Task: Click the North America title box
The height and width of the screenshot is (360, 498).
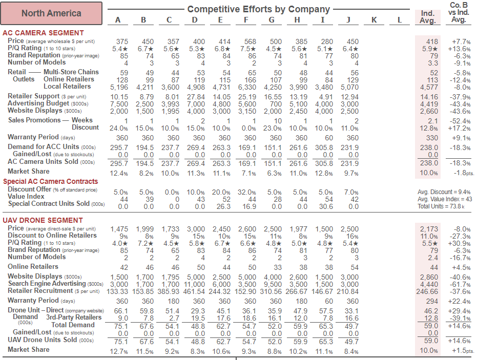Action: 51,13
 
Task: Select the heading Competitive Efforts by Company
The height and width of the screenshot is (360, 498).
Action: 258,9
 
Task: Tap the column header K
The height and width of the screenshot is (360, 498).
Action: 375,20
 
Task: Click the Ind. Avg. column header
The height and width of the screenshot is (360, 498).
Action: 428,17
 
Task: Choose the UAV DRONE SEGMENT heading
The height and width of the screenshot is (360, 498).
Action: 43,220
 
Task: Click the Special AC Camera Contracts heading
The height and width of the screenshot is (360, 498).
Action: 50,181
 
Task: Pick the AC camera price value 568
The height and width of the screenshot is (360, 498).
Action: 250,41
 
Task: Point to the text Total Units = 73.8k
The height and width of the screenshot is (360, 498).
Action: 441,206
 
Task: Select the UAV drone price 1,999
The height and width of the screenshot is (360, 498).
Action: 145,229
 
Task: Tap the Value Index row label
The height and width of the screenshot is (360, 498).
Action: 26,196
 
